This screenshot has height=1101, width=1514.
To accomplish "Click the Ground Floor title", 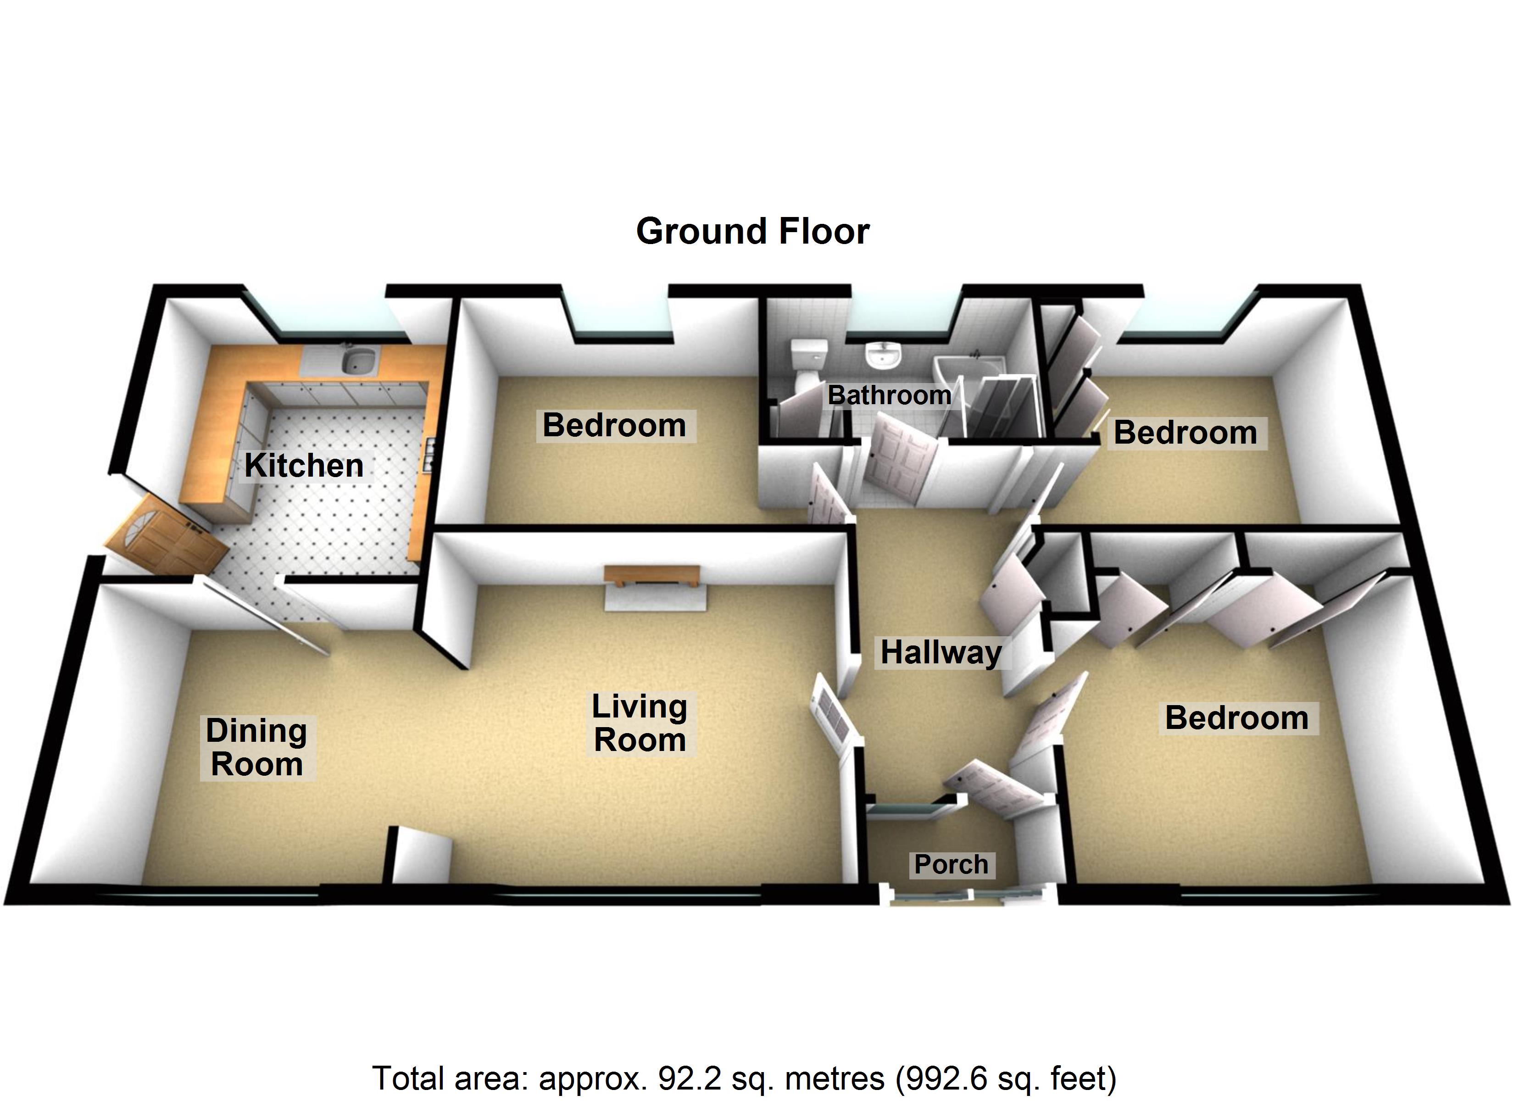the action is (752, 232).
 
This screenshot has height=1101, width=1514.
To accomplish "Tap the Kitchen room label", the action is (304, 465).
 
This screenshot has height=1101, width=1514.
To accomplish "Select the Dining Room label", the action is (257, 747).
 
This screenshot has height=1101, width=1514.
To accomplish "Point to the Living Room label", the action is (640, 723).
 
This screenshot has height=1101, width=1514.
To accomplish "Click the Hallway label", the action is (941, 652).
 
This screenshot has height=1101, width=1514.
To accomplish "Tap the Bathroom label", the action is (889, 395).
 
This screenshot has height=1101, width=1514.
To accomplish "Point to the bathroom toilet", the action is (808, 365).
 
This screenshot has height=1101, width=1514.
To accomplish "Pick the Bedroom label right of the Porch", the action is (1237, 718).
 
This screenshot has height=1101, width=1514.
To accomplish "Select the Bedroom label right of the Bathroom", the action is (1186, 433).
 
